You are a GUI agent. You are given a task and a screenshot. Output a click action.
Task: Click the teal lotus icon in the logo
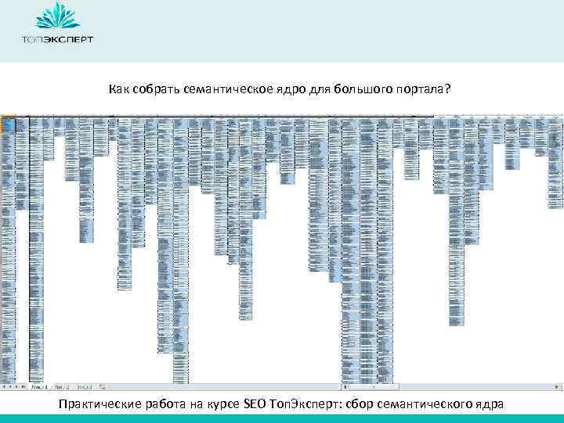57,16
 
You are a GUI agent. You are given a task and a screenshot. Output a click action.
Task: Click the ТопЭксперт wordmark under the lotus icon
57,38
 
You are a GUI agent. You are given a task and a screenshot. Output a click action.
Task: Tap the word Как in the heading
118,89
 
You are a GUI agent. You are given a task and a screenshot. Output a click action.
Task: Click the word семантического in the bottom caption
420,403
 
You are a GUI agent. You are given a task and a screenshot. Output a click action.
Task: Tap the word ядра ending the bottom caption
488,403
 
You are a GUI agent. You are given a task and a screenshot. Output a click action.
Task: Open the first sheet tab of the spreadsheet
38,387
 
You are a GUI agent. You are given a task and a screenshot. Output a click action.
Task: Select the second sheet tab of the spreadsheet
61,387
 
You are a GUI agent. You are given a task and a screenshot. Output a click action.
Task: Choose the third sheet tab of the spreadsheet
84,387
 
